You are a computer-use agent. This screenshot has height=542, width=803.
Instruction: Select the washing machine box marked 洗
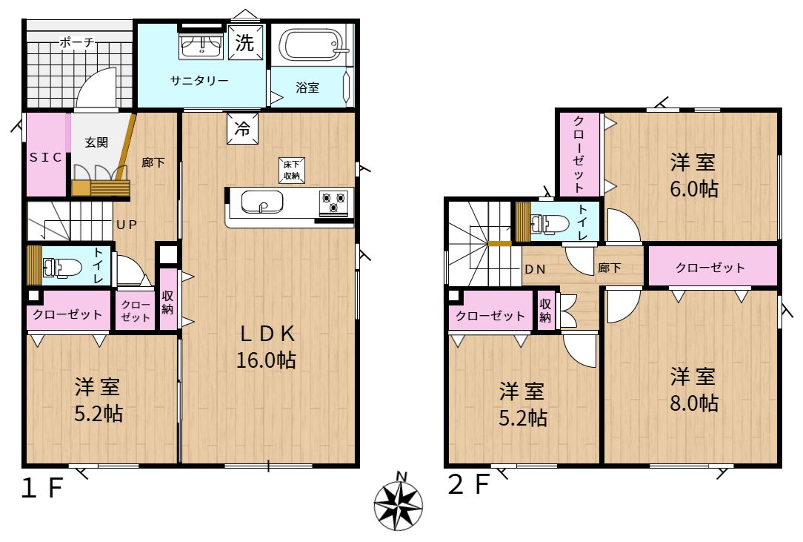[245, 42]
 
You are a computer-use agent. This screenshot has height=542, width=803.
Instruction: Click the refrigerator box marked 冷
[242, 128]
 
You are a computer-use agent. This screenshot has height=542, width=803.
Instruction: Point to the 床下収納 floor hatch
[291, 171]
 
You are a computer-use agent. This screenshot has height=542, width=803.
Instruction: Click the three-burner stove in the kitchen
[333, 201]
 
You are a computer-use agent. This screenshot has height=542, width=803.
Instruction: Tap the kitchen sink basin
[261, 202]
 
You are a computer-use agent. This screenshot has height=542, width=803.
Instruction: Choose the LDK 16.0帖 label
[266, 347]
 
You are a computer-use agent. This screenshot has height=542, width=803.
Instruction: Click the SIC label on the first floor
[46, 157]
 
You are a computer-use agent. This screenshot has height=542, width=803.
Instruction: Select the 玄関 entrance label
[96, 142]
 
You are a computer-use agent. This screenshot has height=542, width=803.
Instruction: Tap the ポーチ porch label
[77, 42]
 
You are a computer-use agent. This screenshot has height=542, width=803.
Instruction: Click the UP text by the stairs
[127, 225]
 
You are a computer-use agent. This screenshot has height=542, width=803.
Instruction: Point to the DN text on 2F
[535, 269]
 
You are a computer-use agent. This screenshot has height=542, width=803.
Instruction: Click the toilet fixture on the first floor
[62, 267]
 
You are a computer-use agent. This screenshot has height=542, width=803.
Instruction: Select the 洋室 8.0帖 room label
[694, 390]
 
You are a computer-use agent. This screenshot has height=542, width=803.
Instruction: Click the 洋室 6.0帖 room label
[694, 176]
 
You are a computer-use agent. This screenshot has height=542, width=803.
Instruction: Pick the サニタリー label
[199, 81]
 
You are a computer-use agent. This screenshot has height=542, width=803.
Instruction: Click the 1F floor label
[42, 488]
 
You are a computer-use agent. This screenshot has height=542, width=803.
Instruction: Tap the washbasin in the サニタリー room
[201, 46]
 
